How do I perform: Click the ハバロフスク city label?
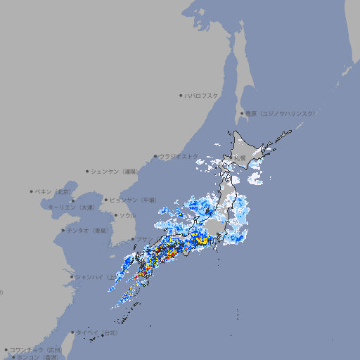pyautogui.click(x=202, y=95)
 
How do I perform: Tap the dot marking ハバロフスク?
pyautogui.click(x=181, y=95)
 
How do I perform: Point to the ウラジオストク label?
pyautogui.click(x=179, y=156)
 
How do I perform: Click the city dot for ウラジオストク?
pyautogui.click(x=155, y=157)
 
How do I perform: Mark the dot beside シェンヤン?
pyautogui.click(x=88, y=171)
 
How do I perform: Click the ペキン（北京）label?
pyautogui.click(x=53, y=191)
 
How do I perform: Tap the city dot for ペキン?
pyautogui.click(x=32, y=191)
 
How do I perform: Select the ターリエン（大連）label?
pyautogui.click(x=71, y=207)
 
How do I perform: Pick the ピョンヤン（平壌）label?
pyautogui.click(x=134, y=200)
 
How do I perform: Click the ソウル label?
pyautogui.click(x=127, y=215)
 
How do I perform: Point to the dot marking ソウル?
pyautogui.click(x=115, y=215)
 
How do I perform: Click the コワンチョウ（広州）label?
pyautogui.click(x=36, y=349)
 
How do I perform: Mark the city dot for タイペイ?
pyautogui.click(x=72, y=333)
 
